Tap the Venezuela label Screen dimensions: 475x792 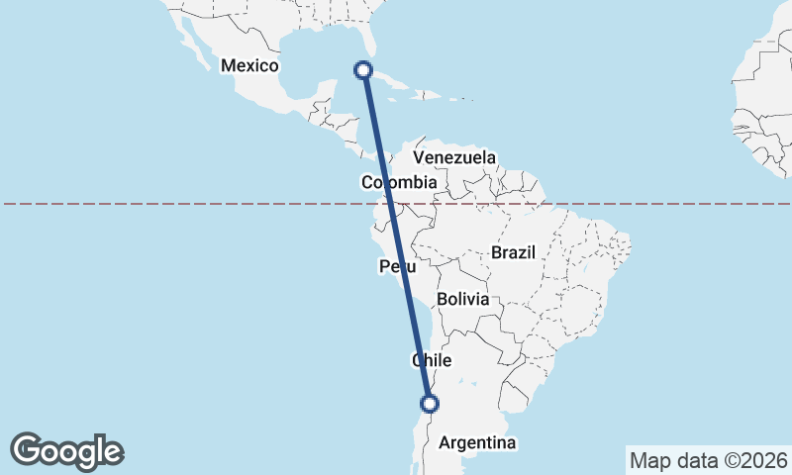click(454, 157)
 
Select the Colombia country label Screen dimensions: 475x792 click(399, 182)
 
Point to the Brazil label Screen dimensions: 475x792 click(513, 252)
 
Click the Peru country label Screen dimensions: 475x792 click(397, 267)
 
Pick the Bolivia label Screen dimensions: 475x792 click(462, 298)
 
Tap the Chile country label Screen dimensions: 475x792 click(432, 361)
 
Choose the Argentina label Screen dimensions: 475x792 click(477, 442)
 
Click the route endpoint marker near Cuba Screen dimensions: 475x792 click(363, 70)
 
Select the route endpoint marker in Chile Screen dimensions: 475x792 click(430, 403)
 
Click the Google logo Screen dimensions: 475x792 click(67, 451)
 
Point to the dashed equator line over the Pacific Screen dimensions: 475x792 click(148, 204)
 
